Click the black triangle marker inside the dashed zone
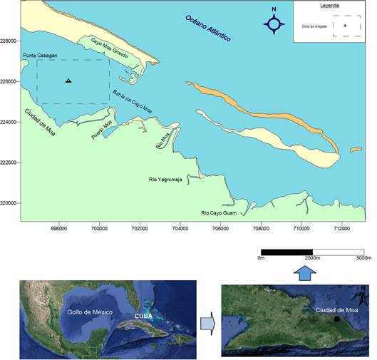pyautogui.click(x=68, y=81)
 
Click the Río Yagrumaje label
pyautogui.click(x=166, y=180)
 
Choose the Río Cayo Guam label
pyautogui.click(x=220, y=212)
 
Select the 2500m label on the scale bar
pyautogui.click(x=312, y=258)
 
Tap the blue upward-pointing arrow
pyautogui.click(x=303, y=272)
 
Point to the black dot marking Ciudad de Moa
pyautogui.click(x=336, y=319)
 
